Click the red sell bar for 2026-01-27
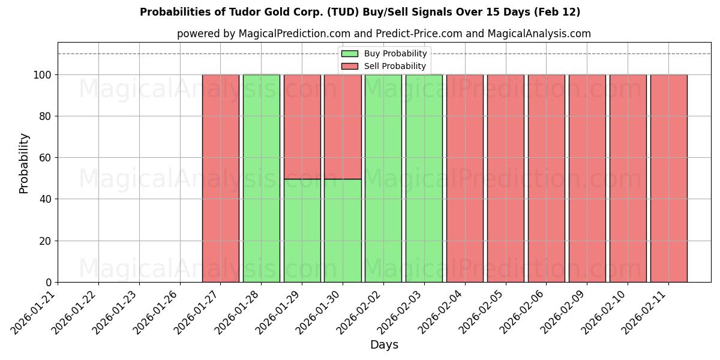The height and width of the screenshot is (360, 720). (220, 178)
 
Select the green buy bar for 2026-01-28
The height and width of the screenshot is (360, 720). (261, 178)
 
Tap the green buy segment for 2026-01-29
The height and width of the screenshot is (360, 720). (302, 230)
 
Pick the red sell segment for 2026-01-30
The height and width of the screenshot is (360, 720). (343, 127)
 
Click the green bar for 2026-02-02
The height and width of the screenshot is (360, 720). (383, 178)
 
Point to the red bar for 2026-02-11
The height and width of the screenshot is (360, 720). (668, 178)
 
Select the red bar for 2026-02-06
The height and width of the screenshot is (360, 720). (546, 178)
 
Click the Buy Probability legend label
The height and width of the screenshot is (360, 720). (395, 53)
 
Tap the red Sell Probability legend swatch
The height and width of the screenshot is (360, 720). (349, 66)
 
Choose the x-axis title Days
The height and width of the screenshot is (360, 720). (384, 345)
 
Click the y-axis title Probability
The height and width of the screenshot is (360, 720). (24, 163)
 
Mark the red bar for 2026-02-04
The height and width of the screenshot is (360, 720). (464, 178)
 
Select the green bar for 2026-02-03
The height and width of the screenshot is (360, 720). (424, 178)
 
